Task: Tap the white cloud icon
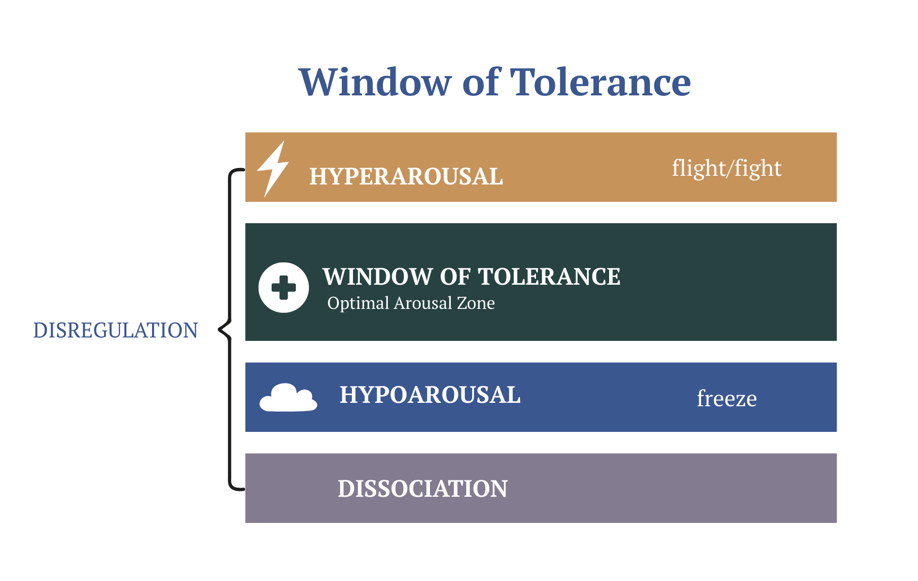[x=288, y=398]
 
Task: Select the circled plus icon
[x=284, y=288]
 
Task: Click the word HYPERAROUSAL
[x=406, y=176]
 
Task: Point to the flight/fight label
[x=726, y=168]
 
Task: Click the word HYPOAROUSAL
[x=430, y=395]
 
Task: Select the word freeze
[x=726, y=398]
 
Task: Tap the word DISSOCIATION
[x=423, y=489]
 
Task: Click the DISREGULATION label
[x=115, y=330]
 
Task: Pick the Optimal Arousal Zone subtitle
[x=411, y=303]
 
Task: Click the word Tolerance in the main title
[x=600, y=82]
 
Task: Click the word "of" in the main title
[x=481, y=82]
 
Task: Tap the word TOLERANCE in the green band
[x=549, y=277]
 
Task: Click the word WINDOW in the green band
[x=378, y=277]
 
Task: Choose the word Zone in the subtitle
[x=476, y=303]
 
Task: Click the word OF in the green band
[x=455, y=277]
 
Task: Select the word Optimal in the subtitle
[x=358, y=303]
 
